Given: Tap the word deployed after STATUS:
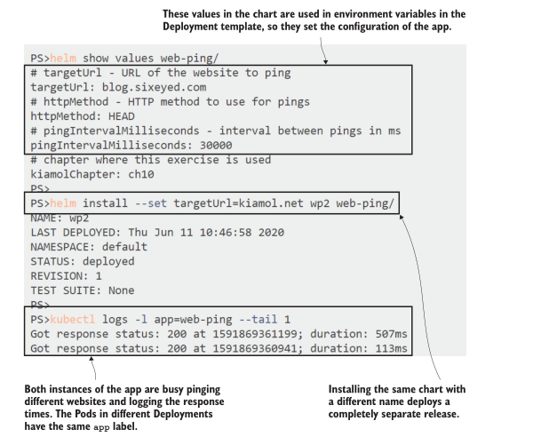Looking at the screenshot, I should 107,261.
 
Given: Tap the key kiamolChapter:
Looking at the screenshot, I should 70,174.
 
